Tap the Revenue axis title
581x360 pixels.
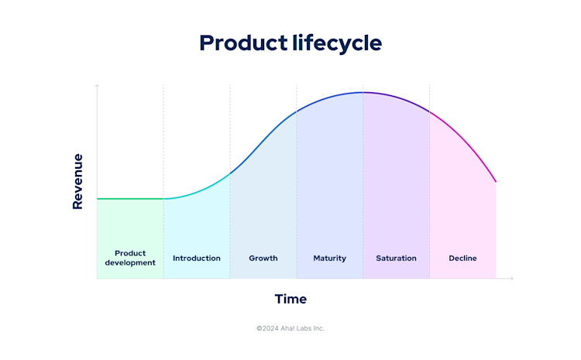(77, 181)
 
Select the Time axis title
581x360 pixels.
(290, 299)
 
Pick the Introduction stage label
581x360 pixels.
(197, 258)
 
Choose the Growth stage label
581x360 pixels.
(263, 258)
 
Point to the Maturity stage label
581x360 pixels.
(330, 258)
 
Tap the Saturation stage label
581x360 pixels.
(396, 258)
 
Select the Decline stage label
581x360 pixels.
(462, 258)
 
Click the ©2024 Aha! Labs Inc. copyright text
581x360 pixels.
(290, 328)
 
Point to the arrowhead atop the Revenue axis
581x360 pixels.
(97, 86)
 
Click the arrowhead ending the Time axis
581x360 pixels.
(511, 279)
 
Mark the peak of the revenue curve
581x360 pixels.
(363, 92)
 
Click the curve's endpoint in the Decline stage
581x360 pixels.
(496, 182)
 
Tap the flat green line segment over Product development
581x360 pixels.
(130, 199)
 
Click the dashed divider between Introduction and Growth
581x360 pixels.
(230, 217)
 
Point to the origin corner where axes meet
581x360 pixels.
(97, 279)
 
